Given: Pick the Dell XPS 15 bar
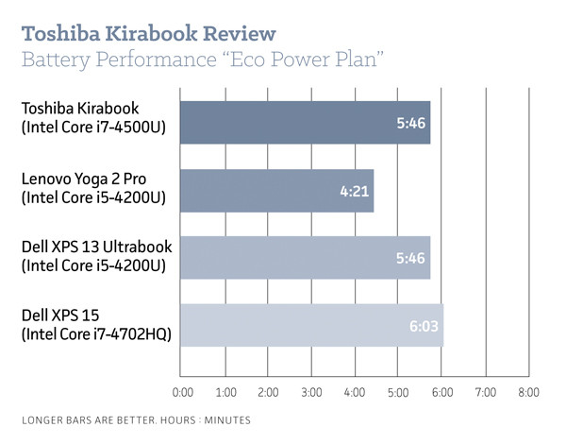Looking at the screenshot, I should coord(310,326).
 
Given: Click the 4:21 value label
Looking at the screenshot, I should coord(352,190).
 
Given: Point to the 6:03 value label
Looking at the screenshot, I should coord(422,326).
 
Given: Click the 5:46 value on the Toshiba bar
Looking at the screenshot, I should coord(409,122).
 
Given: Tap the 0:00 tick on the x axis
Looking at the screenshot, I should coord(184,391).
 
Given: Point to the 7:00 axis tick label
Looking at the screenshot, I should coord(485,391).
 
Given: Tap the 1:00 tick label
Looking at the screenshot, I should coord(226,391).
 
